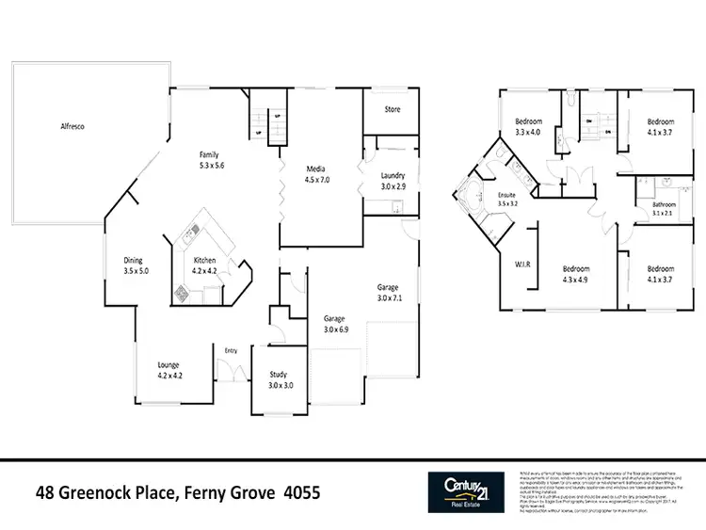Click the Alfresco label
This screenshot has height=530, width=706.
73,125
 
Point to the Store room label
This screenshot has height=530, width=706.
393,110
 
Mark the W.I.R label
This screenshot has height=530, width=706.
523,265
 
